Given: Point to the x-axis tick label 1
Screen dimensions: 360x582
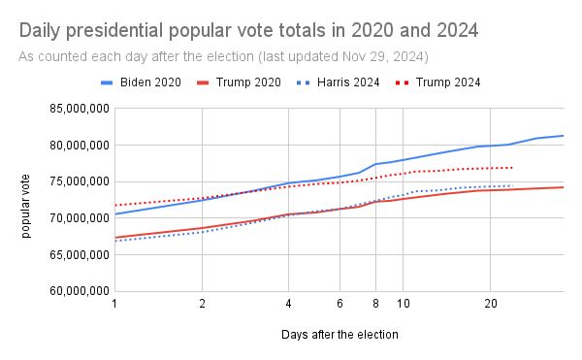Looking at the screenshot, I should pyautogui.click(x=114, y=304).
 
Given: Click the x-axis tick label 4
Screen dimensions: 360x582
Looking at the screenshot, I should pyautogui.click(x=288, y=304).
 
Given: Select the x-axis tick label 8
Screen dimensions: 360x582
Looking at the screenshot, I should pyautogui.click(x=375, y=304).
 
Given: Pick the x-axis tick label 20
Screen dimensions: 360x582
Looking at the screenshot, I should pyautogui.click(x=490, y=304).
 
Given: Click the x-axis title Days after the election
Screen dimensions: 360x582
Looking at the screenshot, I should pyautogui.click(x=339, y=334).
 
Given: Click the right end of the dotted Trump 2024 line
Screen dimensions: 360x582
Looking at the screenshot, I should pyautogui.click(x=512, y=168).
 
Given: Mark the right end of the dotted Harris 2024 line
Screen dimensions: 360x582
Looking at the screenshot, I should pyautogui.click(x=512, y=185).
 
